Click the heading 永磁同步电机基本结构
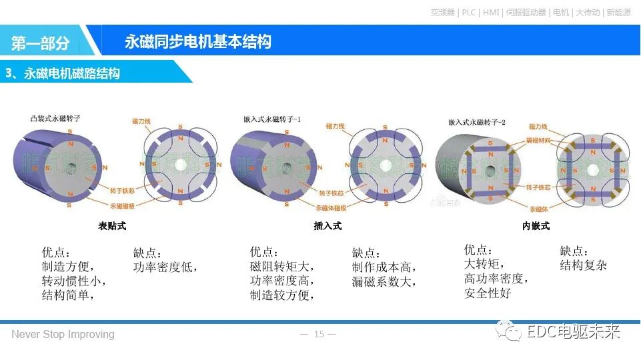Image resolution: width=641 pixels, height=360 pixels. (x=197, y=41)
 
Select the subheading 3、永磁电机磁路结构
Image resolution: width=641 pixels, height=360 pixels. (x=63, y=73)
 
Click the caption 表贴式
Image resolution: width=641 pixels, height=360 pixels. (x=112, y=226)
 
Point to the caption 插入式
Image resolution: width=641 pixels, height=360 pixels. (x=328, y=226)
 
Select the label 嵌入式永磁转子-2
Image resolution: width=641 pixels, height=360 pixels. (x=477, y=122)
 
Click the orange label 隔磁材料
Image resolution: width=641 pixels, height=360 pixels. (x=538, y=140)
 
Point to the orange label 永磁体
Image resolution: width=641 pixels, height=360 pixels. (x=539, y=208)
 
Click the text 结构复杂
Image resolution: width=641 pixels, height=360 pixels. (x=584, y=265)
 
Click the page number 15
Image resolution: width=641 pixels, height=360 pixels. (x=319, y=334)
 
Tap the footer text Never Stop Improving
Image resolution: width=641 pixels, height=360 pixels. (x=63, y=334)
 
